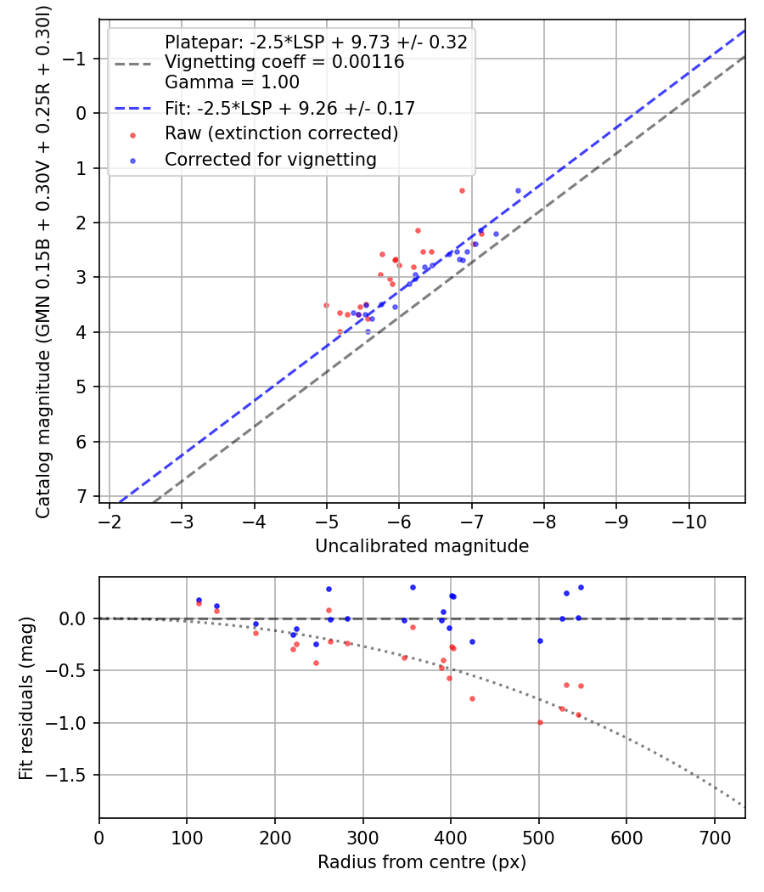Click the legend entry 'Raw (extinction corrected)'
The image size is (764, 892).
(x=281, y=133)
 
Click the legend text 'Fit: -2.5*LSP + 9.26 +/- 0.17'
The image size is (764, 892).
(x=289, y=108)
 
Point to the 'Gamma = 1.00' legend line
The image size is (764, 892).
(x=232, y=82)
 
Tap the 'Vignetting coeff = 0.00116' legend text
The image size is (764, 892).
(x=284, y=62)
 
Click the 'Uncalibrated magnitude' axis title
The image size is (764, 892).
(x=422, y=546)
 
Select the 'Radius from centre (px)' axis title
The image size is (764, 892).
(x=422, y=862)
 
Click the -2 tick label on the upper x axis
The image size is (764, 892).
(x=110, y=521)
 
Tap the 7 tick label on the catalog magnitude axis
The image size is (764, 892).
(x=81, y=496)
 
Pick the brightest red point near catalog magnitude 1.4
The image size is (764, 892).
(x=462, y=190)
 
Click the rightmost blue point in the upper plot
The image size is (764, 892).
(x=518, y=190)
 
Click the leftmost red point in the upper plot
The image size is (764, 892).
(x=326, y=305)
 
